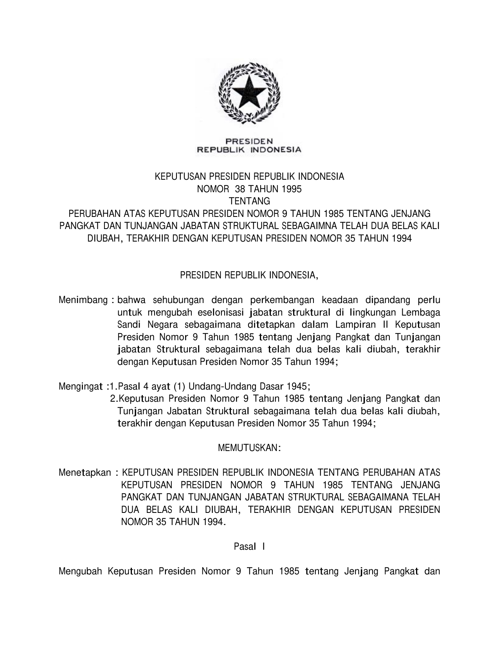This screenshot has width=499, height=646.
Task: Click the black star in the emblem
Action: pyautogui.click(x=249, y=92)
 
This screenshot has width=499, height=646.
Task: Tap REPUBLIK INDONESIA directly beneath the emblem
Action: pyautogui.click(x=249, y=149)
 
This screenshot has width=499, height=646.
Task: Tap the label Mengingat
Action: pyautogui.click(x=81, y=387)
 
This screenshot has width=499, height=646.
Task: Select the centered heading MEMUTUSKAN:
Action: pyautogui.click(x=249, y=448)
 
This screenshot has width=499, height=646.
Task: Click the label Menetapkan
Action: pyautogui.click(x=85, y=473)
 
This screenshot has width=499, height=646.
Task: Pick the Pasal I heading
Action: pyautogui.click(x=249, y=547)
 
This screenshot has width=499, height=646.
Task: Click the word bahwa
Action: pyautogui.click(x=132, y=300)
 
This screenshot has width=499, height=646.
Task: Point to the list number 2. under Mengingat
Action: pyautogui.click(x=114, y=399)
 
